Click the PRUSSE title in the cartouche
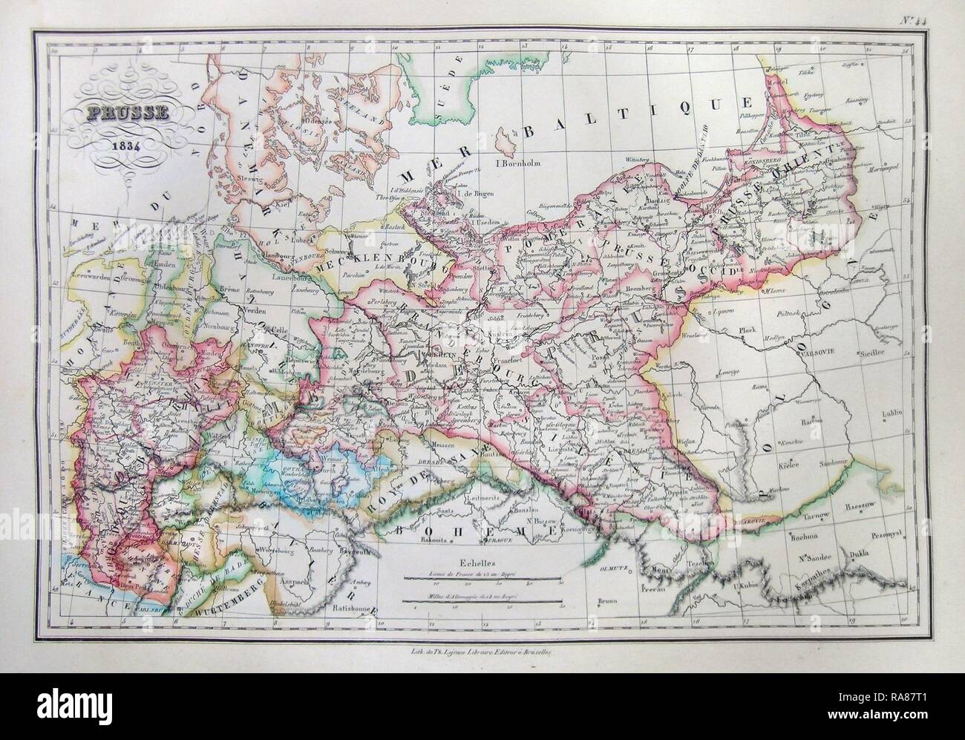pyautogui.click(x=116, y=115)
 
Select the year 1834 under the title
pyautogui.click(x=117, y=143)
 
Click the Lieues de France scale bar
pyautogui.click(x=483, y=577)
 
